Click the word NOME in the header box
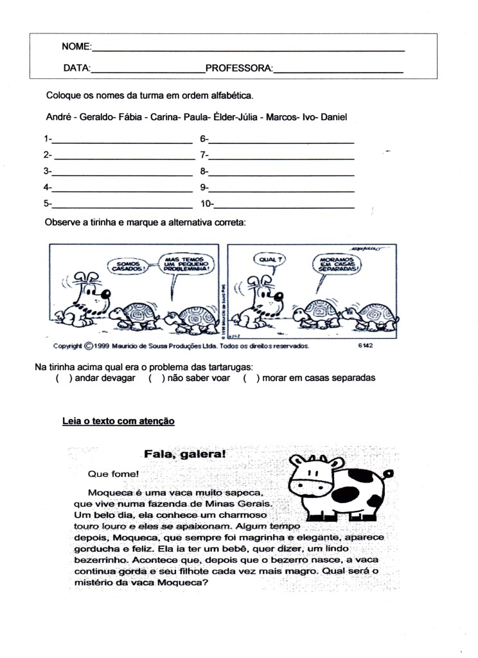point(76,46)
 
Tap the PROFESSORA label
point(239,67)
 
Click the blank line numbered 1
point(122,140)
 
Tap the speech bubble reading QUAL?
point(270,260)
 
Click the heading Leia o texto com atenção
point(118,422)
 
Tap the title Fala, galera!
point(185,454)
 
